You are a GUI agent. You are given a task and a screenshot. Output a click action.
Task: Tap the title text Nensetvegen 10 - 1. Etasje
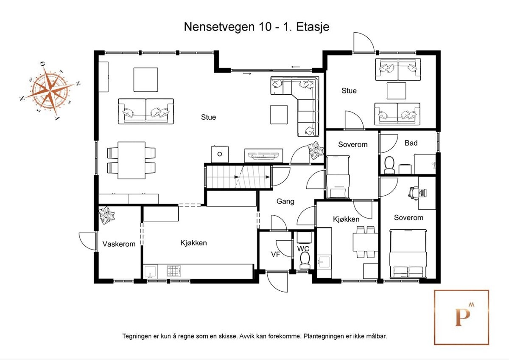tap(256, 27)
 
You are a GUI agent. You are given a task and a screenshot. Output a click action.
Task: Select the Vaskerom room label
tap(119, 244)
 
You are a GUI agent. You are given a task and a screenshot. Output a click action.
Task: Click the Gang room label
tap(285, 201)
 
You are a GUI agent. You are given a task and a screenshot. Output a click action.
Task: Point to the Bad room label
tap(411, 143)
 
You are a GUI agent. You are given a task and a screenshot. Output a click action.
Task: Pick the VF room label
tap(276, 254)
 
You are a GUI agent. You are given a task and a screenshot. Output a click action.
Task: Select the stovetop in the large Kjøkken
tap(173, 270)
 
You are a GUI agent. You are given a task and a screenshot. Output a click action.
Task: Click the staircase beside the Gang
tap(238, 176)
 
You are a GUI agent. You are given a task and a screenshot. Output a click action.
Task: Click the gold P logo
tap(461, 317)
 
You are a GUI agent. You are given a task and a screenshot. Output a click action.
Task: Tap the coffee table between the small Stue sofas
tap(396, 91)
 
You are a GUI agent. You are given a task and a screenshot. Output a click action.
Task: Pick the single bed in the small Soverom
tap(338, 177)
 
